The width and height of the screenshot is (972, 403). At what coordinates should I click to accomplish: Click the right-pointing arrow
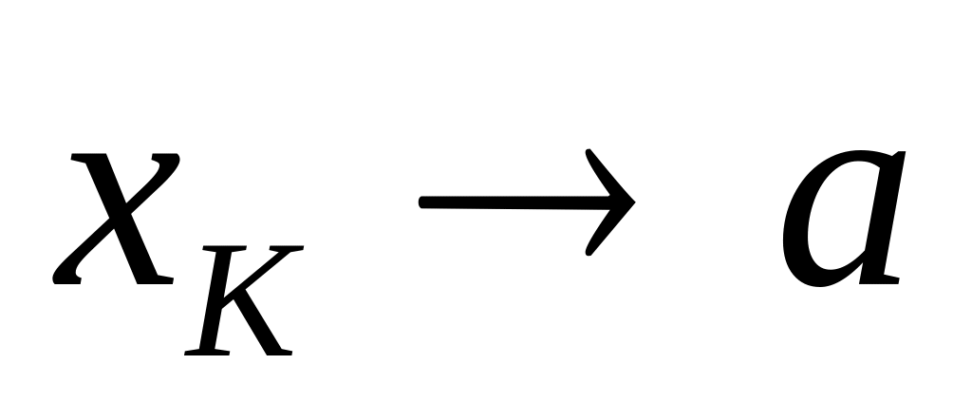tap(527, 201)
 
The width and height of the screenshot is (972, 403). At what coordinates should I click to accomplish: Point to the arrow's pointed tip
tap(634, 201)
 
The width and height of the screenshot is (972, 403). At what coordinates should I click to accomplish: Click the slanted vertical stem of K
tap(215, 300)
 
